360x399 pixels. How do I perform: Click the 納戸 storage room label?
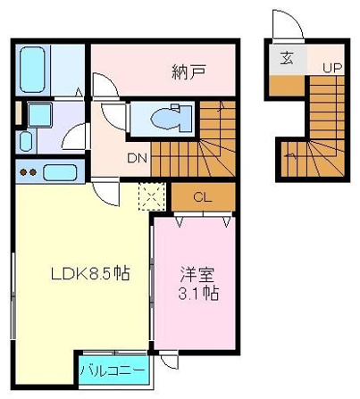coord(188,71)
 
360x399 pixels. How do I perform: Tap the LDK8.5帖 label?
coord(90,273)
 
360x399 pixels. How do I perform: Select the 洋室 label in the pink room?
coord(197,274)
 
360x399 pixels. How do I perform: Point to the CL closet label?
coord(203,197)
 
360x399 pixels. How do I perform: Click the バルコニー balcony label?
coord(113,370)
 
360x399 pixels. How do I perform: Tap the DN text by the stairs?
coord(137,158)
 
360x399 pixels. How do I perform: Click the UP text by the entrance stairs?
coord(332,68)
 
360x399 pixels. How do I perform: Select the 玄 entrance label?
coord(287,58)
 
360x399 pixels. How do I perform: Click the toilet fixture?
coord(172,118)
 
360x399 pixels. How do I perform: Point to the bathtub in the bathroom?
coord(32,70)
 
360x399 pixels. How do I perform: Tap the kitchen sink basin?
coord(60,172)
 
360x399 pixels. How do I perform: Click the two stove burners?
coord(29,172)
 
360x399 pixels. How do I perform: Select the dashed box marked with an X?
coord(152,196)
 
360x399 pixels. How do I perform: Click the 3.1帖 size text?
coord(198,293)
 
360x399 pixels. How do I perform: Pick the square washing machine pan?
coord(40,114)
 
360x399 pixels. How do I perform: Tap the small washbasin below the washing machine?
coord(26,142)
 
